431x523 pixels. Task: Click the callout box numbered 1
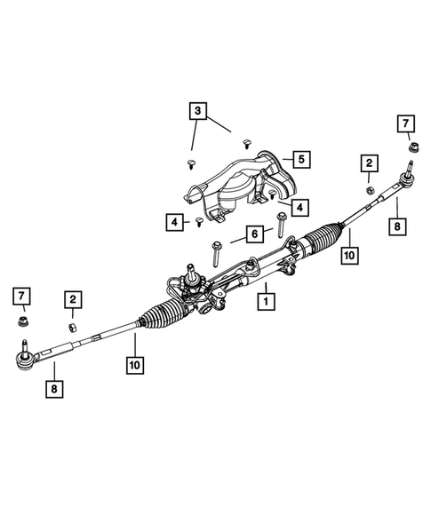coord(264,302)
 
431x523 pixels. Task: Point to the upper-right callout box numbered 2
coord(367,162)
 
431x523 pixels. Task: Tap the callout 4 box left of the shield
coord(174,221)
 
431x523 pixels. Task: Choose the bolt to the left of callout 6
coord(216,255)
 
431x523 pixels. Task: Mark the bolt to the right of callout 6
coord(283,223)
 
